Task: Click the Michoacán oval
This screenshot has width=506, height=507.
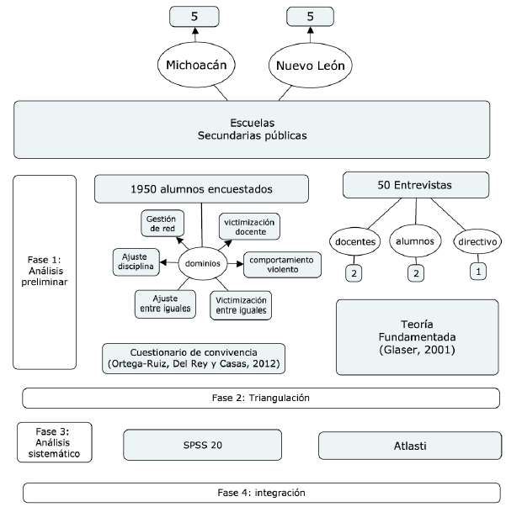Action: point(194,65)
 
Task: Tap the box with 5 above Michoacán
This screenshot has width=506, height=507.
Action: point(194,15)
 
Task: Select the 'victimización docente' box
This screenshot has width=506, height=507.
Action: point(249,225)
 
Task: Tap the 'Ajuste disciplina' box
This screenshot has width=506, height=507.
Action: point(136,261)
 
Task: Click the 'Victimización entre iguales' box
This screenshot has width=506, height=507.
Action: point(241,304)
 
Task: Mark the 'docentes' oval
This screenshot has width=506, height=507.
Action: point(356,242)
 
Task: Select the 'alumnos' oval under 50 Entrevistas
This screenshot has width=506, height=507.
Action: point(414,242)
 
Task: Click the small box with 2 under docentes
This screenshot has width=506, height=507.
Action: point(356,273)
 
